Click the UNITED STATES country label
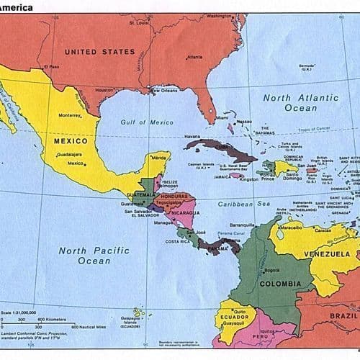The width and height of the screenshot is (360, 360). tap(99, 52)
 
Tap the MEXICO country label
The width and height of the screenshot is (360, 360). tap(71, 141)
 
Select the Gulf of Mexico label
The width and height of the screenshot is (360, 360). tap(147, 122)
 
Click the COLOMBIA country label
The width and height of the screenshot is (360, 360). tap(280, 284)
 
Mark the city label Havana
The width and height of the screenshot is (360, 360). tap(191, 136)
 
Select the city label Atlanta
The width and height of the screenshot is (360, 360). tap(194, 57)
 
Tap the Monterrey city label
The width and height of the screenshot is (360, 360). tap(70, 115)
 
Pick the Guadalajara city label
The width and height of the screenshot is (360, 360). tap(71, 154)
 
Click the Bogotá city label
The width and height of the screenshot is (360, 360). tap(272, 270)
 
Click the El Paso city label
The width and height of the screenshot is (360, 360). tap(50, 67)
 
